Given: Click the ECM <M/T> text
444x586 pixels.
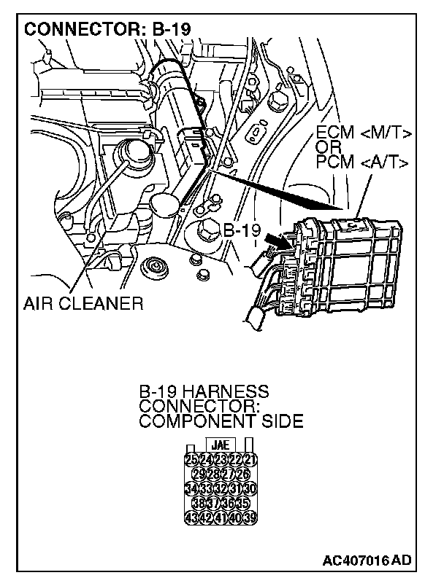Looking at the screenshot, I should pos(364,134).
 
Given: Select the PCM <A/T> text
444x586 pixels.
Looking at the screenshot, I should pos(362,160).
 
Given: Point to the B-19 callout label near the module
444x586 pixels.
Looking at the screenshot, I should pos(242,231).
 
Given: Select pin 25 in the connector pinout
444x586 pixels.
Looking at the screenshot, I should pos(192,459).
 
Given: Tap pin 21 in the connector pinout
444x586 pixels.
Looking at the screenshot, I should pos(250,459).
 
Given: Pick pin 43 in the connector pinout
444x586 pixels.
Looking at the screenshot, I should pos(192,518).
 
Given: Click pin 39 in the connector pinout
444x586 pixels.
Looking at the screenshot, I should pos(250,518).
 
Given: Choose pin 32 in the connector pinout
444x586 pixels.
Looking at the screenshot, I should pos(221,488).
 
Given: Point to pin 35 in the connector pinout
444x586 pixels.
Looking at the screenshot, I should pos(243,504).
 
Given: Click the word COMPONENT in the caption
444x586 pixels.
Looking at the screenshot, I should pos(196,421).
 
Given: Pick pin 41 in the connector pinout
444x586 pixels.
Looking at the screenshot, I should pos(221,518).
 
